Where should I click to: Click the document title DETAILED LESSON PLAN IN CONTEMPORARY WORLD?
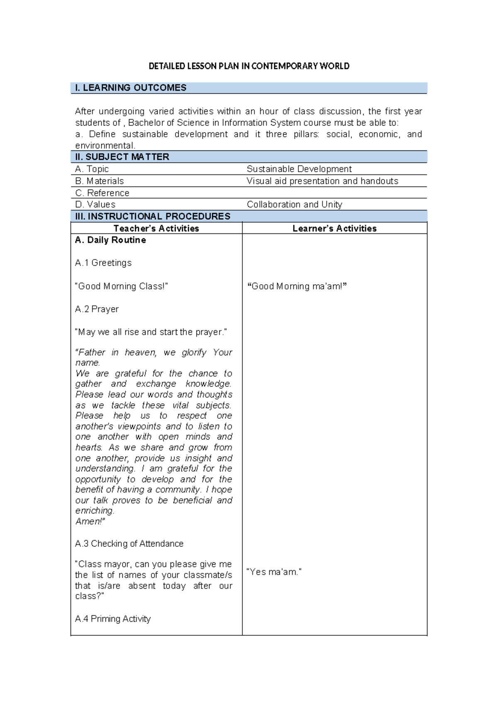(x=249, y=66)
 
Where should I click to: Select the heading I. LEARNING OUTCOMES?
(x=131, y=88)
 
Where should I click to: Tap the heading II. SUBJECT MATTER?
(x=122, y=157)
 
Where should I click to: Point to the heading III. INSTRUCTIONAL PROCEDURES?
(x=153, y=216)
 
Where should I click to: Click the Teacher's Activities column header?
(x=156, y=228)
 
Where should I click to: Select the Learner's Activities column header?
(x=334, y=228)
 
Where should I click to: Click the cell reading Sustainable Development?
(x=299, y=169)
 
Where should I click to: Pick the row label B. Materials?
(x=100, y=181)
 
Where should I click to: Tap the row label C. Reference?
(x=102, y=193)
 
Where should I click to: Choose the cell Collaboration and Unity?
(x=294, y=204)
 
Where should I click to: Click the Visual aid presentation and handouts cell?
(x=322, y=181)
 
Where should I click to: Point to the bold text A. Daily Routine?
(x=110, y=240)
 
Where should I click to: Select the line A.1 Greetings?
(x=103, y=263)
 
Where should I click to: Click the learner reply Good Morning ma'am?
(x=297, y=286)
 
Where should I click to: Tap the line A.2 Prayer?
(x=97, y=309)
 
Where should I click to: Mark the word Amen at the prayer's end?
(x=89, y=521)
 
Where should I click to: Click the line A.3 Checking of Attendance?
(x=129, y=543)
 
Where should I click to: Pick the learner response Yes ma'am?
(x=274, y=572)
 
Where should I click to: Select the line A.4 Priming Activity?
(x=113, y=619)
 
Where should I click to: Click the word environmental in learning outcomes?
(x=105, y=145)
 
